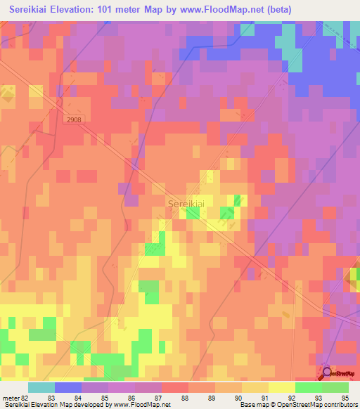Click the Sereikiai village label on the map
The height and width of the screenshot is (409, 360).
[187, 203]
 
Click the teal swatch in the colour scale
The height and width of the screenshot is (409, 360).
[41, 387]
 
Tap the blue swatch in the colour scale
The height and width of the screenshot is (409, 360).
[68, 387]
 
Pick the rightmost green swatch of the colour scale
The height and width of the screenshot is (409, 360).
[335, 387]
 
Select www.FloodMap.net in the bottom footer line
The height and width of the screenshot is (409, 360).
[136, 405]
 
